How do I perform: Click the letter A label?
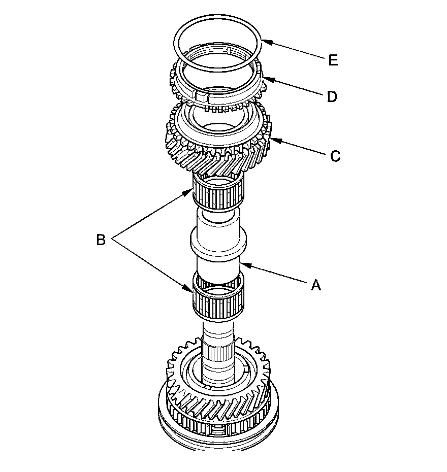pyautogui.click(x=316, y=286)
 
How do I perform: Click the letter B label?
pyautogui.click(x=101, y=240)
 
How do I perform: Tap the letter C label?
pyautogui.click(x=335, y=156)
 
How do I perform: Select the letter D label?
pyautogui.click(x=332, y=96)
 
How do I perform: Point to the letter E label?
pyautogui.click(x=333, y=60)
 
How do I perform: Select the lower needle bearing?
pyautogui.click(x=218, y=300)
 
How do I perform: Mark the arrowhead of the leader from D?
pyautogui.click(x=264, y=78)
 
